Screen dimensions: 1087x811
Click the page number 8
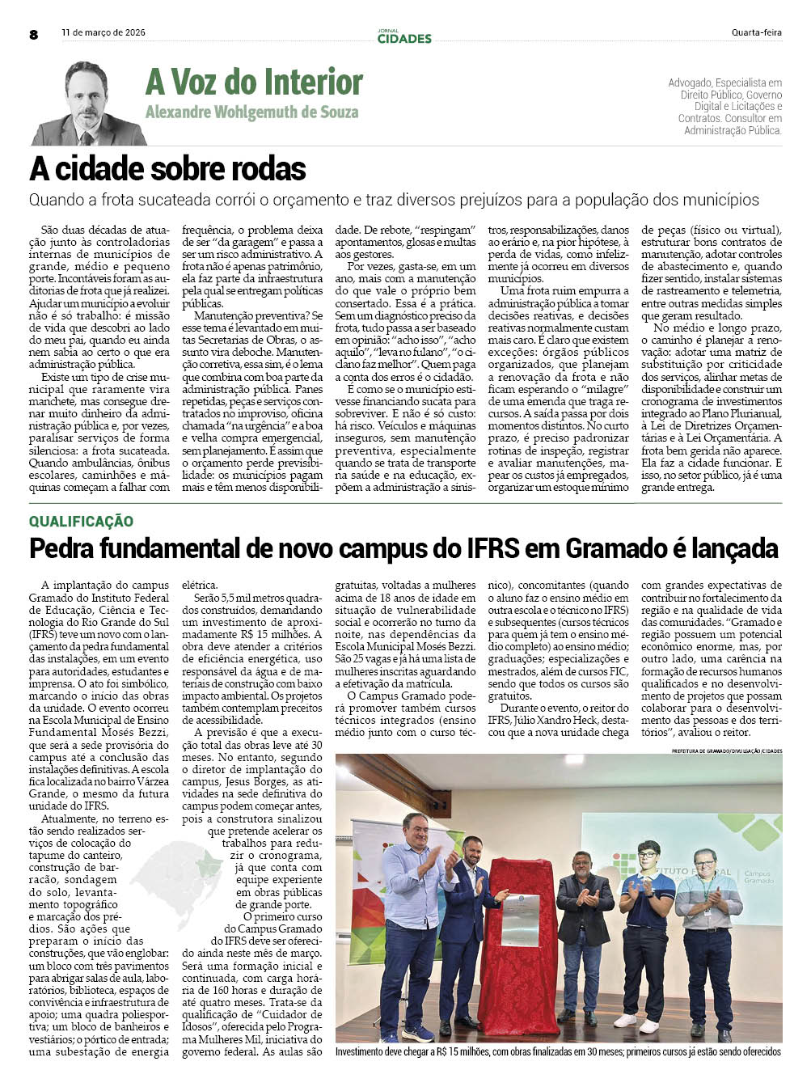(33, 34)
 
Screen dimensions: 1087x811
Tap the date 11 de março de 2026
(103, 33)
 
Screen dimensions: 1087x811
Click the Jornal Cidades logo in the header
(404, 36)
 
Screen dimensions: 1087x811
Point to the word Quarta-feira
(756, 33)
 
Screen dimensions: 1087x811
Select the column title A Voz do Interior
(254, 82)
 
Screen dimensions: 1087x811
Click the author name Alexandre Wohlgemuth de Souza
(251, 112)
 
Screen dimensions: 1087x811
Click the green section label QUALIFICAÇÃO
(81, 522)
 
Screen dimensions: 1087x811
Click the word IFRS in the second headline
(493, 548)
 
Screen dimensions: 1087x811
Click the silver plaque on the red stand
(520, 920)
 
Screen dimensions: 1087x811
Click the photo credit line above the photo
(726, 751)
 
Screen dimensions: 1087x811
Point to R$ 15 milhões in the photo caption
(462, 1051)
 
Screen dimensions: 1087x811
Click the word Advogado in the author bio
(690, 82)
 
